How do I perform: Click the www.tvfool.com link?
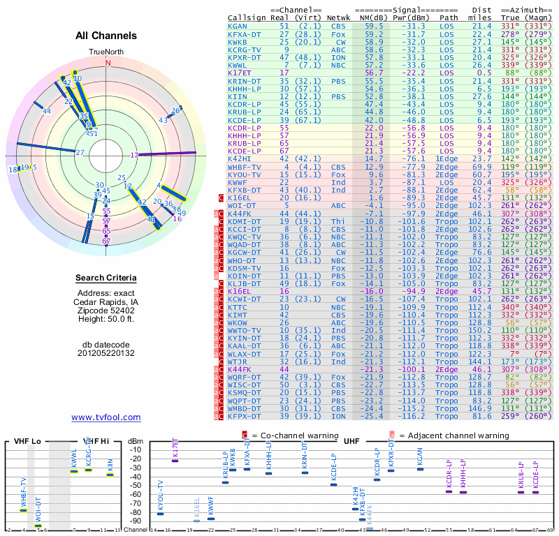click(x=106, y=417)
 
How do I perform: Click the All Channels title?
click(x=106, y=36)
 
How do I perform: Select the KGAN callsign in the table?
click(x=238, y=26)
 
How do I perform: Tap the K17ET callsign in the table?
click(x=240, y=72)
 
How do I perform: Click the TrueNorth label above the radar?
click(x=106, y=52)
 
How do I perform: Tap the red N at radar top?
click(x=108, y=62)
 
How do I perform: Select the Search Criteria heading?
click(x=106, y=278)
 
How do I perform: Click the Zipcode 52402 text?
click(x=106, y=309)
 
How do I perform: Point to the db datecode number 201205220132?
click(x=106, y=353)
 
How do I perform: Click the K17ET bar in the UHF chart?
click(x=175, y=461)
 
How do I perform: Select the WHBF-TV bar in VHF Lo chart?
click(x=24, y=510)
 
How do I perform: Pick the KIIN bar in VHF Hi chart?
click(x=110, y=475)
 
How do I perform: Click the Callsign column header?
click(x=248, y=17)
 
